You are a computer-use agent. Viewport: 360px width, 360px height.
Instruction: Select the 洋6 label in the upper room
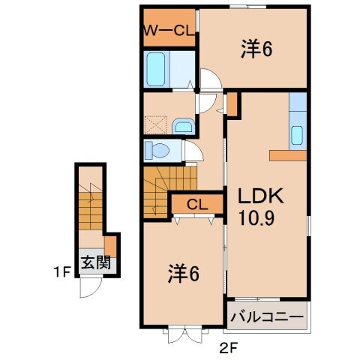pos(256,49)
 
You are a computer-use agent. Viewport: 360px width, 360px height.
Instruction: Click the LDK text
pos(259,197)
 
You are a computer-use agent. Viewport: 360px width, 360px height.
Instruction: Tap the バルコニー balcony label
pos(266,316)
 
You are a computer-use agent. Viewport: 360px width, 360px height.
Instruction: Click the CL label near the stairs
pos(197,203)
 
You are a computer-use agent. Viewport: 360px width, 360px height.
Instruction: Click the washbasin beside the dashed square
pos(182,124)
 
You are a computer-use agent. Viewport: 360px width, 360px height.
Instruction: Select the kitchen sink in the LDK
pos(297,135)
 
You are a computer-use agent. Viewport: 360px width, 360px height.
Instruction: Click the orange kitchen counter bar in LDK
pos(288,155)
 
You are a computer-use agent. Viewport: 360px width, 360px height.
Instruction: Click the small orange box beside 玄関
pos(111,245)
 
